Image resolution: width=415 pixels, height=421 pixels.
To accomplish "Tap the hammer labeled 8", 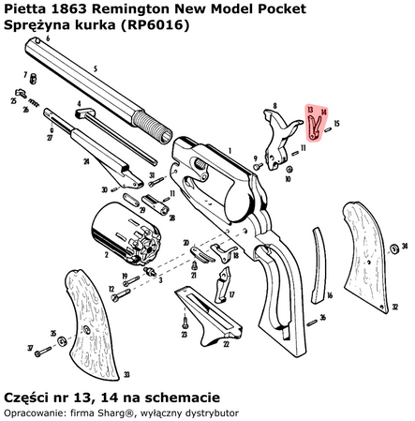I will click(278, 130).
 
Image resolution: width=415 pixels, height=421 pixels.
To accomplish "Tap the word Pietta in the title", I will click(26, 8).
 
